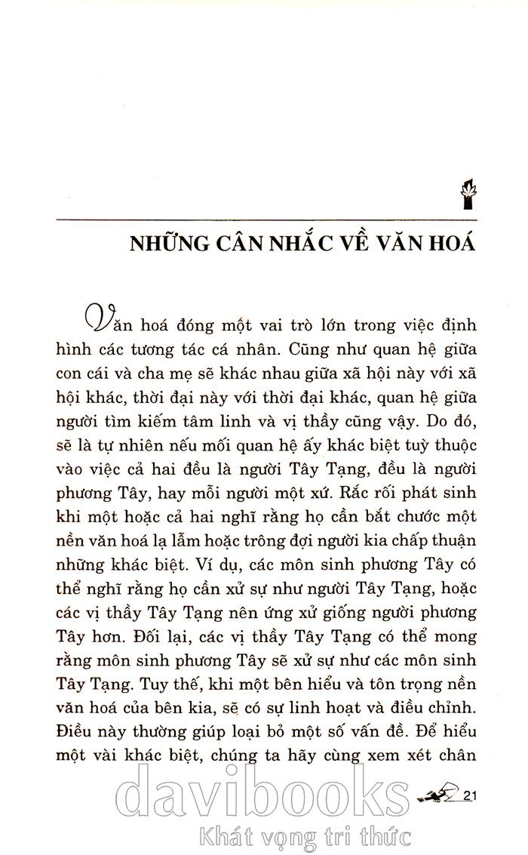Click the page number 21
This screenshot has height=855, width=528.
click(x=474, y=795)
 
